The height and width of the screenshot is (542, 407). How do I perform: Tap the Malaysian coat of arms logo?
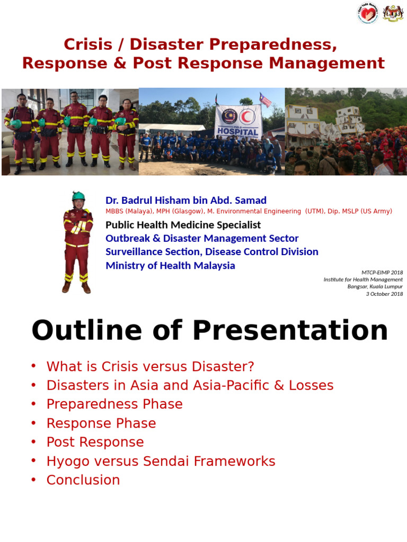tap(393, 14)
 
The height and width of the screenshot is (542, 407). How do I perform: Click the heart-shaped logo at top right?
tap(368, 14)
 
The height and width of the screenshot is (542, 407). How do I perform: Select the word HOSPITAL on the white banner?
tap(238, 132)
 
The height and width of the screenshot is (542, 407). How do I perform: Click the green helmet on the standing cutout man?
tap(78, 196)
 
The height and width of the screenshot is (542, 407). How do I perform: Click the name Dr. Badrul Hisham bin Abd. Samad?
tap(186, 200)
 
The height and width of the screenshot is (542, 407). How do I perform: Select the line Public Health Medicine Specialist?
tap(183, 225)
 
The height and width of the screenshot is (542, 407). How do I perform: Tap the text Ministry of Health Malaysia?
tap(170, 266)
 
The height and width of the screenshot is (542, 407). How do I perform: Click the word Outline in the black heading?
tap(86, 331)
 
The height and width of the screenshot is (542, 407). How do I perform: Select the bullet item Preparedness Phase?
tap(114, 404)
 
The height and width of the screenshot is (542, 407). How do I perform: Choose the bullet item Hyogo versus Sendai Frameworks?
tap(161, 461)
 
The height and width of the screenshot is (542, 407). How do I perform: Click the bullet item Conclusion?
tap(83, 480)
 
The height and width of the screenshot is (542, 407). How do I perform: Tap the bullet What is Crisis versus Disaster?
tap(151, 366)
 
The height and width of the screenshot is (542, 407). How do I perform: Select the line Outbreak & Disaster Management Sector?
tap(202, 238)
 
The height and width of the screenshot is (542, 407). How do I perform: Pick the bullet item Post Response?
tap(95, 442)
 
